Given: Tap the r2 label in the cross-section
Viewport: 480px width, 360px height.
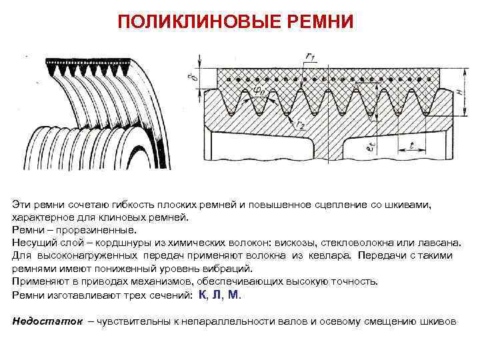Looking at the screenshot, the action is [x=301, y=125].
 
